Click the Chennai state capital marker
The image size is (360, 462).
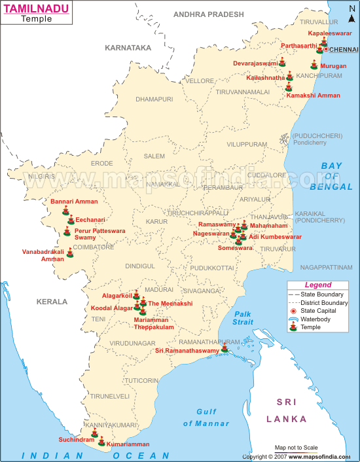coord(326,50)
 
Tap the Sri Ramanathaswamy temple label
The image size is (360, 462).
coord(187,351)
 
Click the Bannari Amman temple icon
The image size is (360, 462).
coord(65,210)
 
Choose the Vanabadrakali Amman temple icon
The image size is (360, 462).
coord(70,253)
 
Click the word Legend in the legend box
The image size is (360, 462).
coord(318,285)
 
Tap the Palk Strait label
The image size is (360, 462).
coord(243,318)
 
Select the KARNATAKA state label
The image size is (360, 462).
coord(128,47)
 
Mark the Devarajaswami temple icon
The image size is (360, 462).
coord(282,62)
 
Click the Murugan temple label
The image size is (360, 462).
coord(333,66)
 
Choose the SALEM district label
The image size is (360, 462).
coord(154,156)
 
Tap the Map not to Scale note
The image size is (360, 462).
coord(296,448)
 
